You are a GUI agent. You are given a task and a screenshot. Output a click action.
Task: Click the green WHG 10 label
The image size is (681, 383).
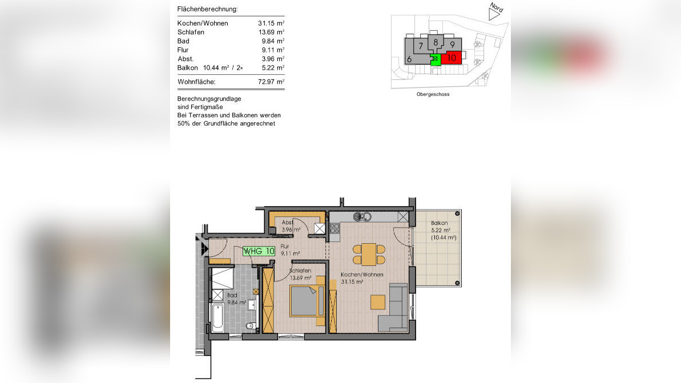coord(259,251)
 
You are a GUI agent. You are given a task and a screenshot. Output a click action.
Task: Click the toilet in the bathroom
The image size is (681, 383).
coord(250,326)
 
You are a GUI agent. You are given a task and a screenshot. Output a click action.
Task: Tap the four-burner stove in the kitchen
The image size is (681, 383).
coord(335,229)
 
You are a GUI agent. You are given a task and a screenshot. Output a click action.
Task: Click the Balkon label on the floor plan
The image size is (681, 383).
coord(440,223)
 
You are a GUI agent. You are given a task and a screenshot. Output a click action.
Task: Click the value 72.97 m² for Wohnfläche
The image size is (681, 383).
coord(271,82)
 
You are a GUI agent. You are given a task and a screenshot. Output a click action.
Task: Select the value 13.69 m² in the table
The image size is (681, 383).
coord(271,32)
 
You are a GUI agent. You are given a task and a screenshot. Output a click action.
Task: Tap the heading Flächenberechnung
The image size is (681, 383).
coord(208,9)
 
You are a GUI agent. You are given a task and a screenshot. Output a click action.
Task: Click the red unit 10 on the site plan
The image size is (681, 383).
coord(451,58)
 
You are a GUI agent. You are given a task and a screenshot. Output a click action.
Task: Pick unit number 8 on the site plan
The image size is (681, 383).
coord(436,42)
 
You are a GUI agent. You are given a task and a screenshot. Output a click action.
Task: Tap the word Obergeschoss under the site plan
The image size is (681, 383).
coord(433,94)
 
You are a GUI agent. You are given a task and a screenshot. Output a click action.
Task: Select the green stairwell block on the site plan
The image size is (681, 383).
coord(436,58)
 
